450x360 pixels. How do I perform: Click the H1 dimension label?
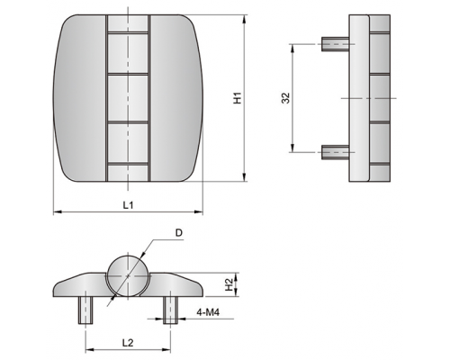point(238,98)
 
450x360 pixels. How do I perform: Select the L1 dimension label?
point(128,205)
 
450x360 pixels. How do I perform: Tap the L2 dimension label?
point(128,343)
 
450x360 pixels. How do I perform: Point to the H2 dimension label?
point(229,284)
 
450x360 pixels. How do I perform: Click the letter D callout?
point(179,233)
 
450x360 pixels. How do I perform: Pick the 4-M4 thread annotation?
point(208,312)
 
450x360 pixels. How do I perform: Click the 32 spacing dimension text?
point(285,98)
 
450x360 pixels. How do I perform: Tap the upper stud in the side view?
point(335,44)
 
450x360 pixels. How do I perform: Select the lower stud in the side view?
point(335,152)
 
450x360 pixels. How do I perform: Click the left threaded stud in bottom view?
point(85,310)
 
